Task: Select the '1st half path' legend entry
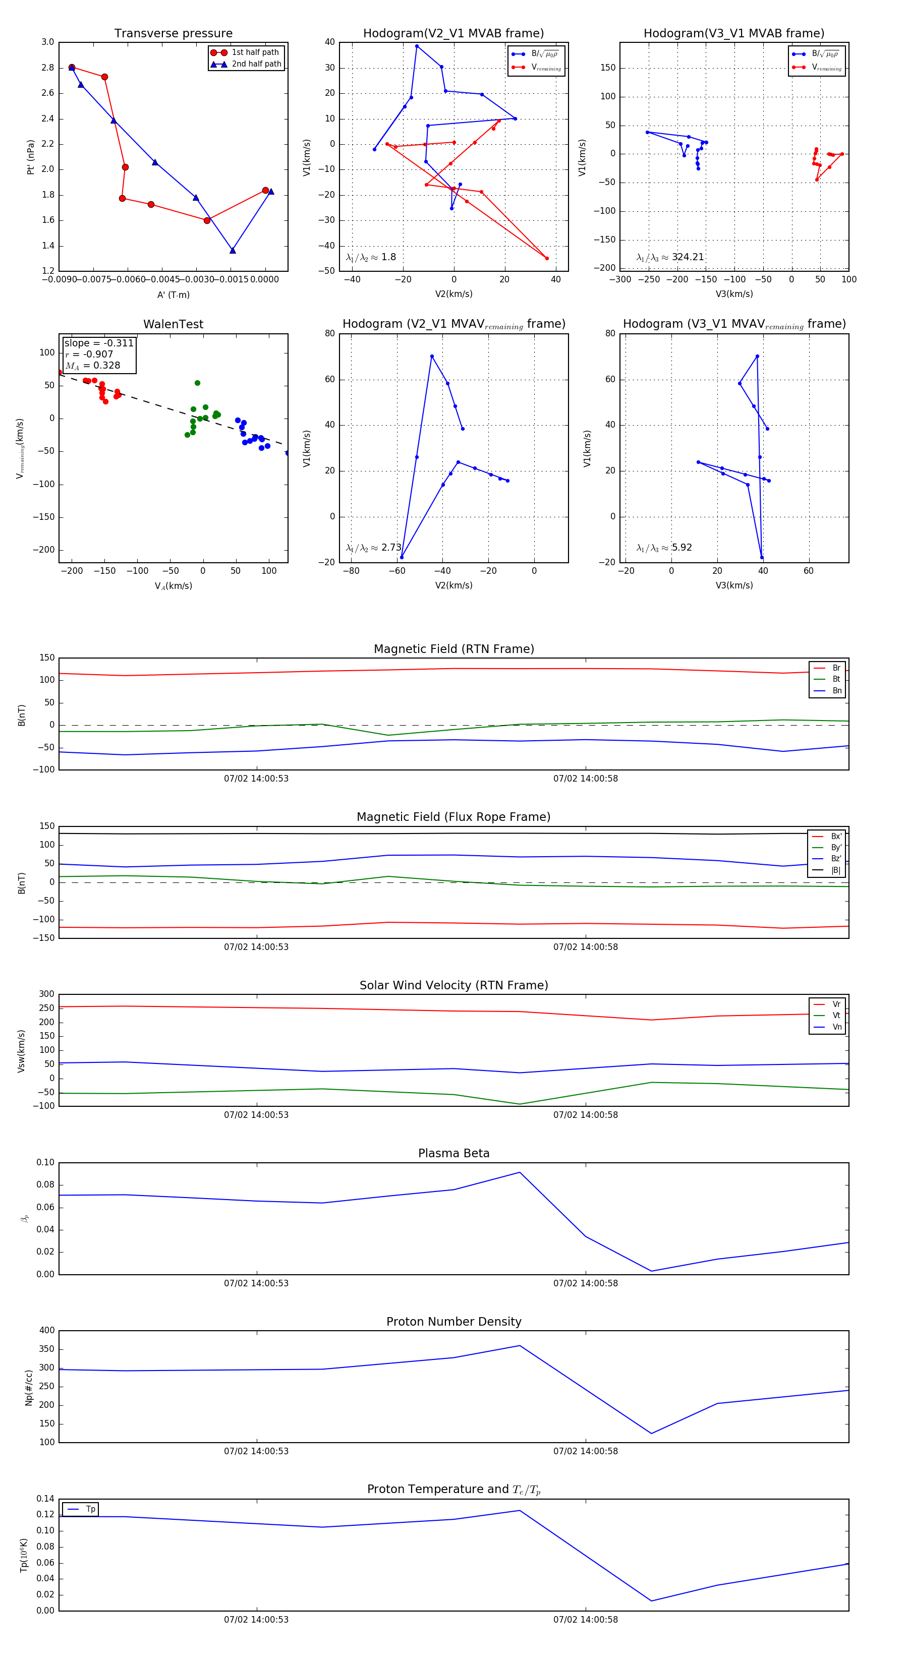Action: click(x=255, y=52)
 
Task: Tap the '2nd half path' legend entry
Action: click(x=256, y=64)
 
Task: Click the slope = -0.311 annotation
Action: click(x=99, y=343)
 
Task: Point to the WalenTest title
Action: click(x=173, y=324)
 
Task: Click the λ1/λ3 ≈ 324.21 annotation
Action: click(x=670, y=257)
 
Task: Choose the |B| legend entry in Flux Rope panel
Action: click(x=835, y=870)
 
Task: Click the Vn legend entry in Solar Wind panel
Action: click(x=836, y=1027)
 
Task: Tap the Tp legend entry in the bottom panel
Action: click(x=90, y=1509)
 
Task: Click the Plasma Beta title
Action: click(x=453, y=1154)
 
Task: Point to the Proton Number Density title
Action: click(x=453, y=1322)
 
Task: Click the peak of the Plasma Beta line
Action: click(x=520, y=1172)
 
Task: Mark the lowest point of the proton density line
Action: click(x=651, y=1434)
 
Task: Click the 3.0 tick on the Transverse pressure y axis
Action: click(x=48, y=42)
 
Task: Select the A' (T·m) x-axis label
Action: click(x=173, y=294)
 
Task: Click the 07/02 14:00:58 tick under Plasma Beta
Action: click(x=586, y=1283)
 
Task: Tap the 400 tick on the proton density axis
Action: click(x=47, y=1330)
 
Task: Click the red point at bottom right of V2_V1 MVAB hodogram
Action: click(x=547, y=258)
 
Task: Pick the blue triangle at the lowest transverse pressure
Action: click(x=233, y=250)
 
